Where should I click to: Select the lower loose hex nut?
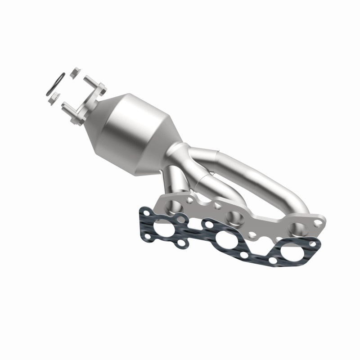click(54, 97)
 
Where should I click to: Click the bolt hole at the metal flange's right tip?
click(319, 223)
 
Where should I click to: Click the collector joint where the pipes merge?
click(180, 155)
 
